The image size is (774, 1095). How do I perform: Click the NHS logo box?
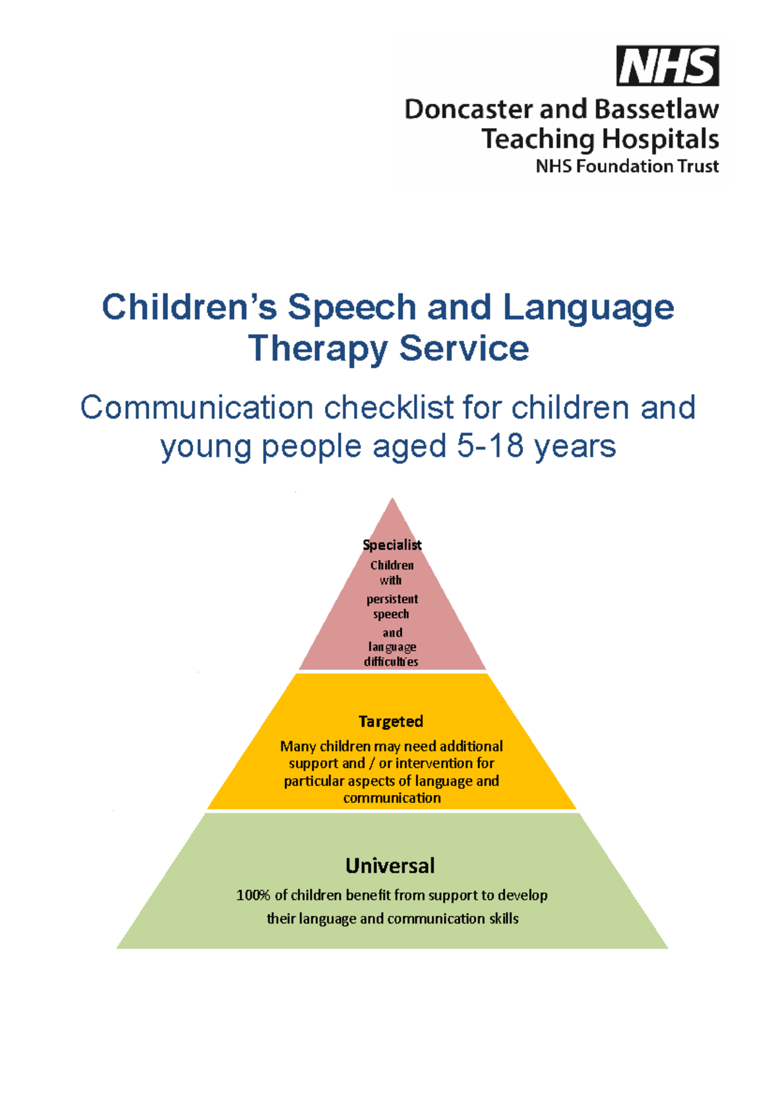(668, 66)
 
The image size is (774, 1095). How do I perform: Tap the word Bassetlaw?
(656, 110)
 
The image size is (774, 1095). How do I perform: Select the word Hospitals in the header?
(660, 139)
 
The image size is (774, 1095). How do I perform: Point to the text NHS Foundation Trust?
(627, 166)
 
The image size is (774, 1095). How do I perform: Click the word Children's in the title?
(189, 307)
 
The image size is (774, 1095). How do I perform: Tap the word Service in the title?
(464, 349)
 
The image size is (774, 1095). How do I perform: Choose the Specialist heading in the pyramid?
(392, 545)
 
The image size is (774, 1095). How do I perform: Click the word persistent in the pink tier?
(392, 599)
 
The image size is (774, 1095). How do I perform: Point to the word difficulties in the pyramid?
(391, 662)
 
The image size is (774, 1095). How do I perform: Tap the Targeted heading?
(391, 721)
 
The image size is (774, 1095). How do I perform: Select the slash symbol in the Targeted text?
(372, 764)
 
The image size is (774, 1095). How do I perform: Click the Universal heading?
(390, 865)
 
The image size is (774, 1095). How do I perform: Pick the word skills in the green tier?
(503, 918)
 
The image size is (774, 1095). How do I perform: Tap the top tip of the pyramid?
(392, 500)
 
